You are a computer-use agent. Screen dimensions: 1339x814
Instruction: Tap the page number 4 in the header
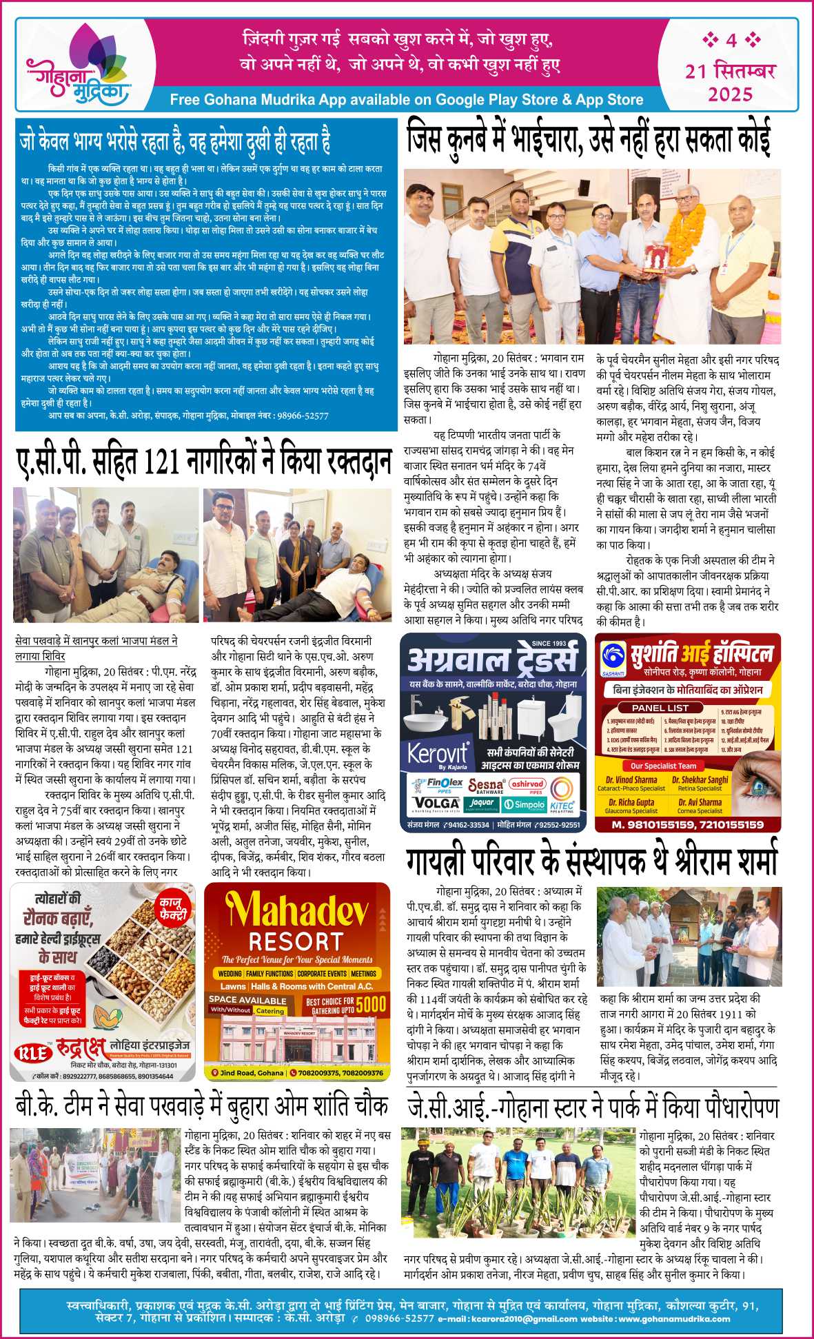coord(731,41)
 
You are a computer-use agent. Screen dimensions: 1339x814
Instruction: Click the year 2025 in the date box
coord(731,94)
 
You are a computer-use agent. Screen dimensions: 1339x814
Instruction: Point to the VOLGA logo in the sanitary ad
coord(437,803)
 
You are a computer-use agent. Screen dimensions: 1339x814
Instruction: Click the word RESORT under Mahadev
coord(296,942)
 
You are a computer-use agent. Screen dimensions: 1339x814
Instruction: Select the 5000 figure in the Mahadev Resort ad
coord(371,1004)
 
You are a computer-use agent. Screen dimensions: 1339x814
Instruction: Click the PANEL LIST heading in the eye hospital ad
coord(660,708)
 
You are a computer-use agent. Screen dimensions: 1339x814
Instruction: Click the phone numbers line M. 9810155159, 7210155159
coord(687,824)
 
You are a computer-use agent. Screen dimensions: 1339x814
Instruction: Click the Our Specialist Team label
coord(660,766)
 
